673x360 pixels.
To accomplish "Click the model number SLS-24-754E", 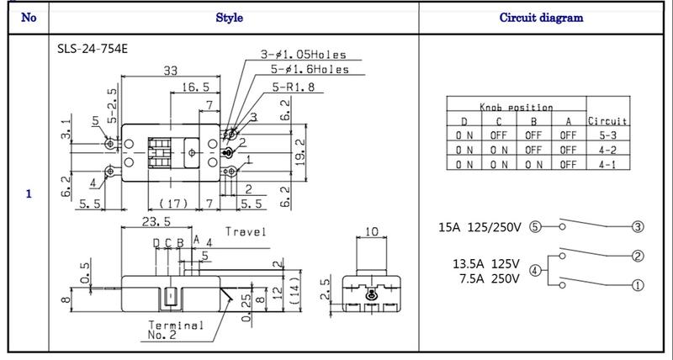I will coord(82,48).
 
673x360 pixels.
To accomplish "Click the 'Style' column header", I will coord(230,17).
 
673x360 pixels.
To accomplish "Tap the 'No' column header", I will coord(28,17).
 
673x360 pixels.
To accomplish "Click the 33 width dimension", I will coord(171,72).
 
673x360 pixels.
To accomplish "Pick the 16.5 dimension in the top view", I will coord(194,87).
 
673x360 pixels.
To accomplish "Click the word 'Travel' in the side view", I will coord(245,231).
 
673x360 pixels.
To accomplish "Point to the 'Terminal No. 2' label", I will coord(176,329).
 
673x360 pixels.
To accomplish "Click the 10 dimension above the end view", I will coord(372,231).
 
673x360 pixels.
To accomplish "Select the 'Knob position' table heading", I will coord(516,108).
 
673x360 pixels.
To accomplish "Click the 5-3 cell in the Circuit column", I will coord(607,135).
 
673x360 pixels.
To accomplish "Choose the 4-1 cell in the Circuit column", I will coord(607,165).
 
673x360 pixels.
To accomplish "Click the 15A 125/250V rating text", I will coord(481,227).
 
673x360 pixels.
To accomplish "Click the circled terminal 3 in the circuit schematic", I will coord(638,227).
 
